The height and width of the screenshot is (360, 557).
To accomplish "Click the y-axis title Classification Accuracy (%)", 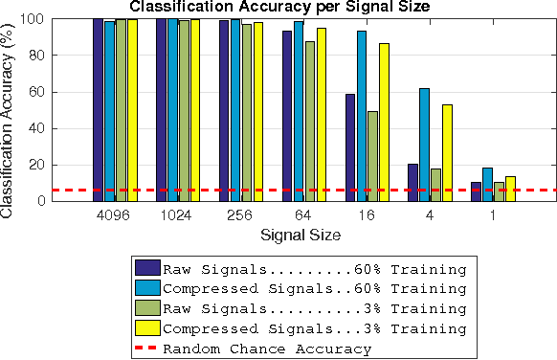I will (x=9, y=110).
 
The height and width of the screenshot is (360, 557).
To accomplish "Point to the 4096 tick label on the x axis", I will (x=114, y=215).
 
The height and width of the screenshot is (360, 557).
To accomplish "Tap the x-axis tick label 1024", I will (x=177, y=215).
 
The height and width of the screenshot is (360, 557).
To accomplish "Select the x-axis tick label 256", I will (x=240, y=215).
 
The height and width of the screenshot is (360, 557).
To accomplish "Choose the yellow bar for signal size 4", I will (x=447, y=152).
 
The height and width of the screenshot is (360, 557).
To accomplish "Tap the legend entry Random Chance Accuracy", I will (x=267, y=349).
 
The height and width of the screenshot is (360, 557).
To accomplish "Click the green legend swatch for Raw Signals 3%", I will (x=147, y=308).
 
